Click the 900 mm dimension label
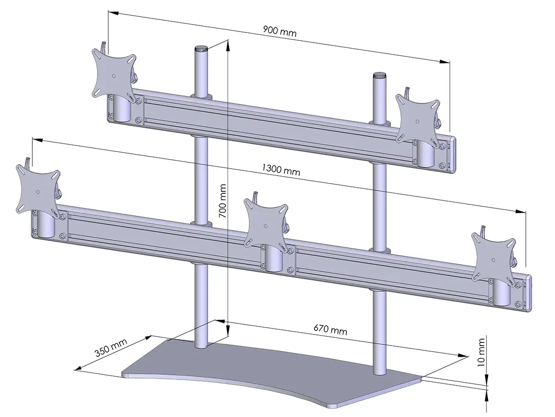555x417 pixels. (x=280, y=32)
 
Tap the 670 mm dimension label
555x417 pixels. (x=330, y=330)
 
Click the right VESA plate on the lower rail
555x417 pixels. (x=493, y=257)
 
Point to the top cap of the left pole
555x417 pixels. (x=201, y=48)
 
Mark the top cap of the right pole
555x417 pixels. (x=380, y=75)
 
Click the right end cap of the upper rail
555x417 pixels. (x=453, y=155)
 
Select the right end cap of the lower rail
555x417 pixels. (x=528, y=293)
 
